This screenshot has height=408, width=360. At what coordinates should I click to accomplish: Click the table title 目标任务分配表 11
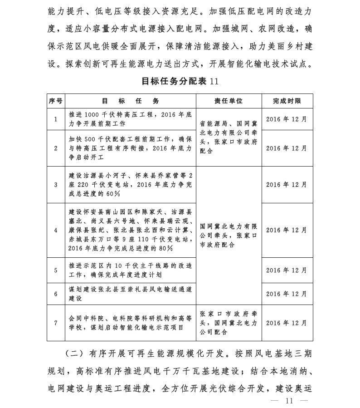[180, 81]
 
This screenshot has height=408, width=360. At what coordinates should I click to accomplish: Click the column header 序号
[55, 101]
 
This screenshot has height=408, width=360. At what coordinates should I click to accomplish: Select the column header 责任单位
[229, 101]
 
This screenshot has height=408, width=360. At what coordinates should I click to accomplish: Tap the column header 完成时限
[287, 101]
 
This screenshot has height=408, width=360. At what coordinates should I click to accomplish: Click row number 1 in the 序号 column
[55, 120]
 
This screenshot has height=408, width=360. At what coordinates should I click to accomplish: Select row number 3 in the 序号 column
[55, 185]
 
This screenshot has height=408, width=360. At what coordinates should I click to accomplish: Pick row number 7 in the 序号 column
[55, 323]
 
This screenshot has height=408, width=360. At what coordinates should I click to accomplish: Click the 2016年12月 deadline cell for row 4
[287, 230]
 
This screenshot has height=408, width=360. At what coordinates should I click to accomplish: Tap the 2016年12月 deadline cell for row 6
[287, 294]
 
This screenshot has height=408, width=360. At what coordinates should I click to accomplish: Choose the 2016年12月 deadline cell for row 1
[287, 120]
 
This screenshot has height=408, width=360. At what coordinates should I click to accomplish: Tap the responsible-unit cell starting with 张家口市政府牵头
[229, 323]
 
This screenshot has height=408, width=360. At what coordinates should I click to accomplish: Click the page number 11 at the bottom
[289, 400]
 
